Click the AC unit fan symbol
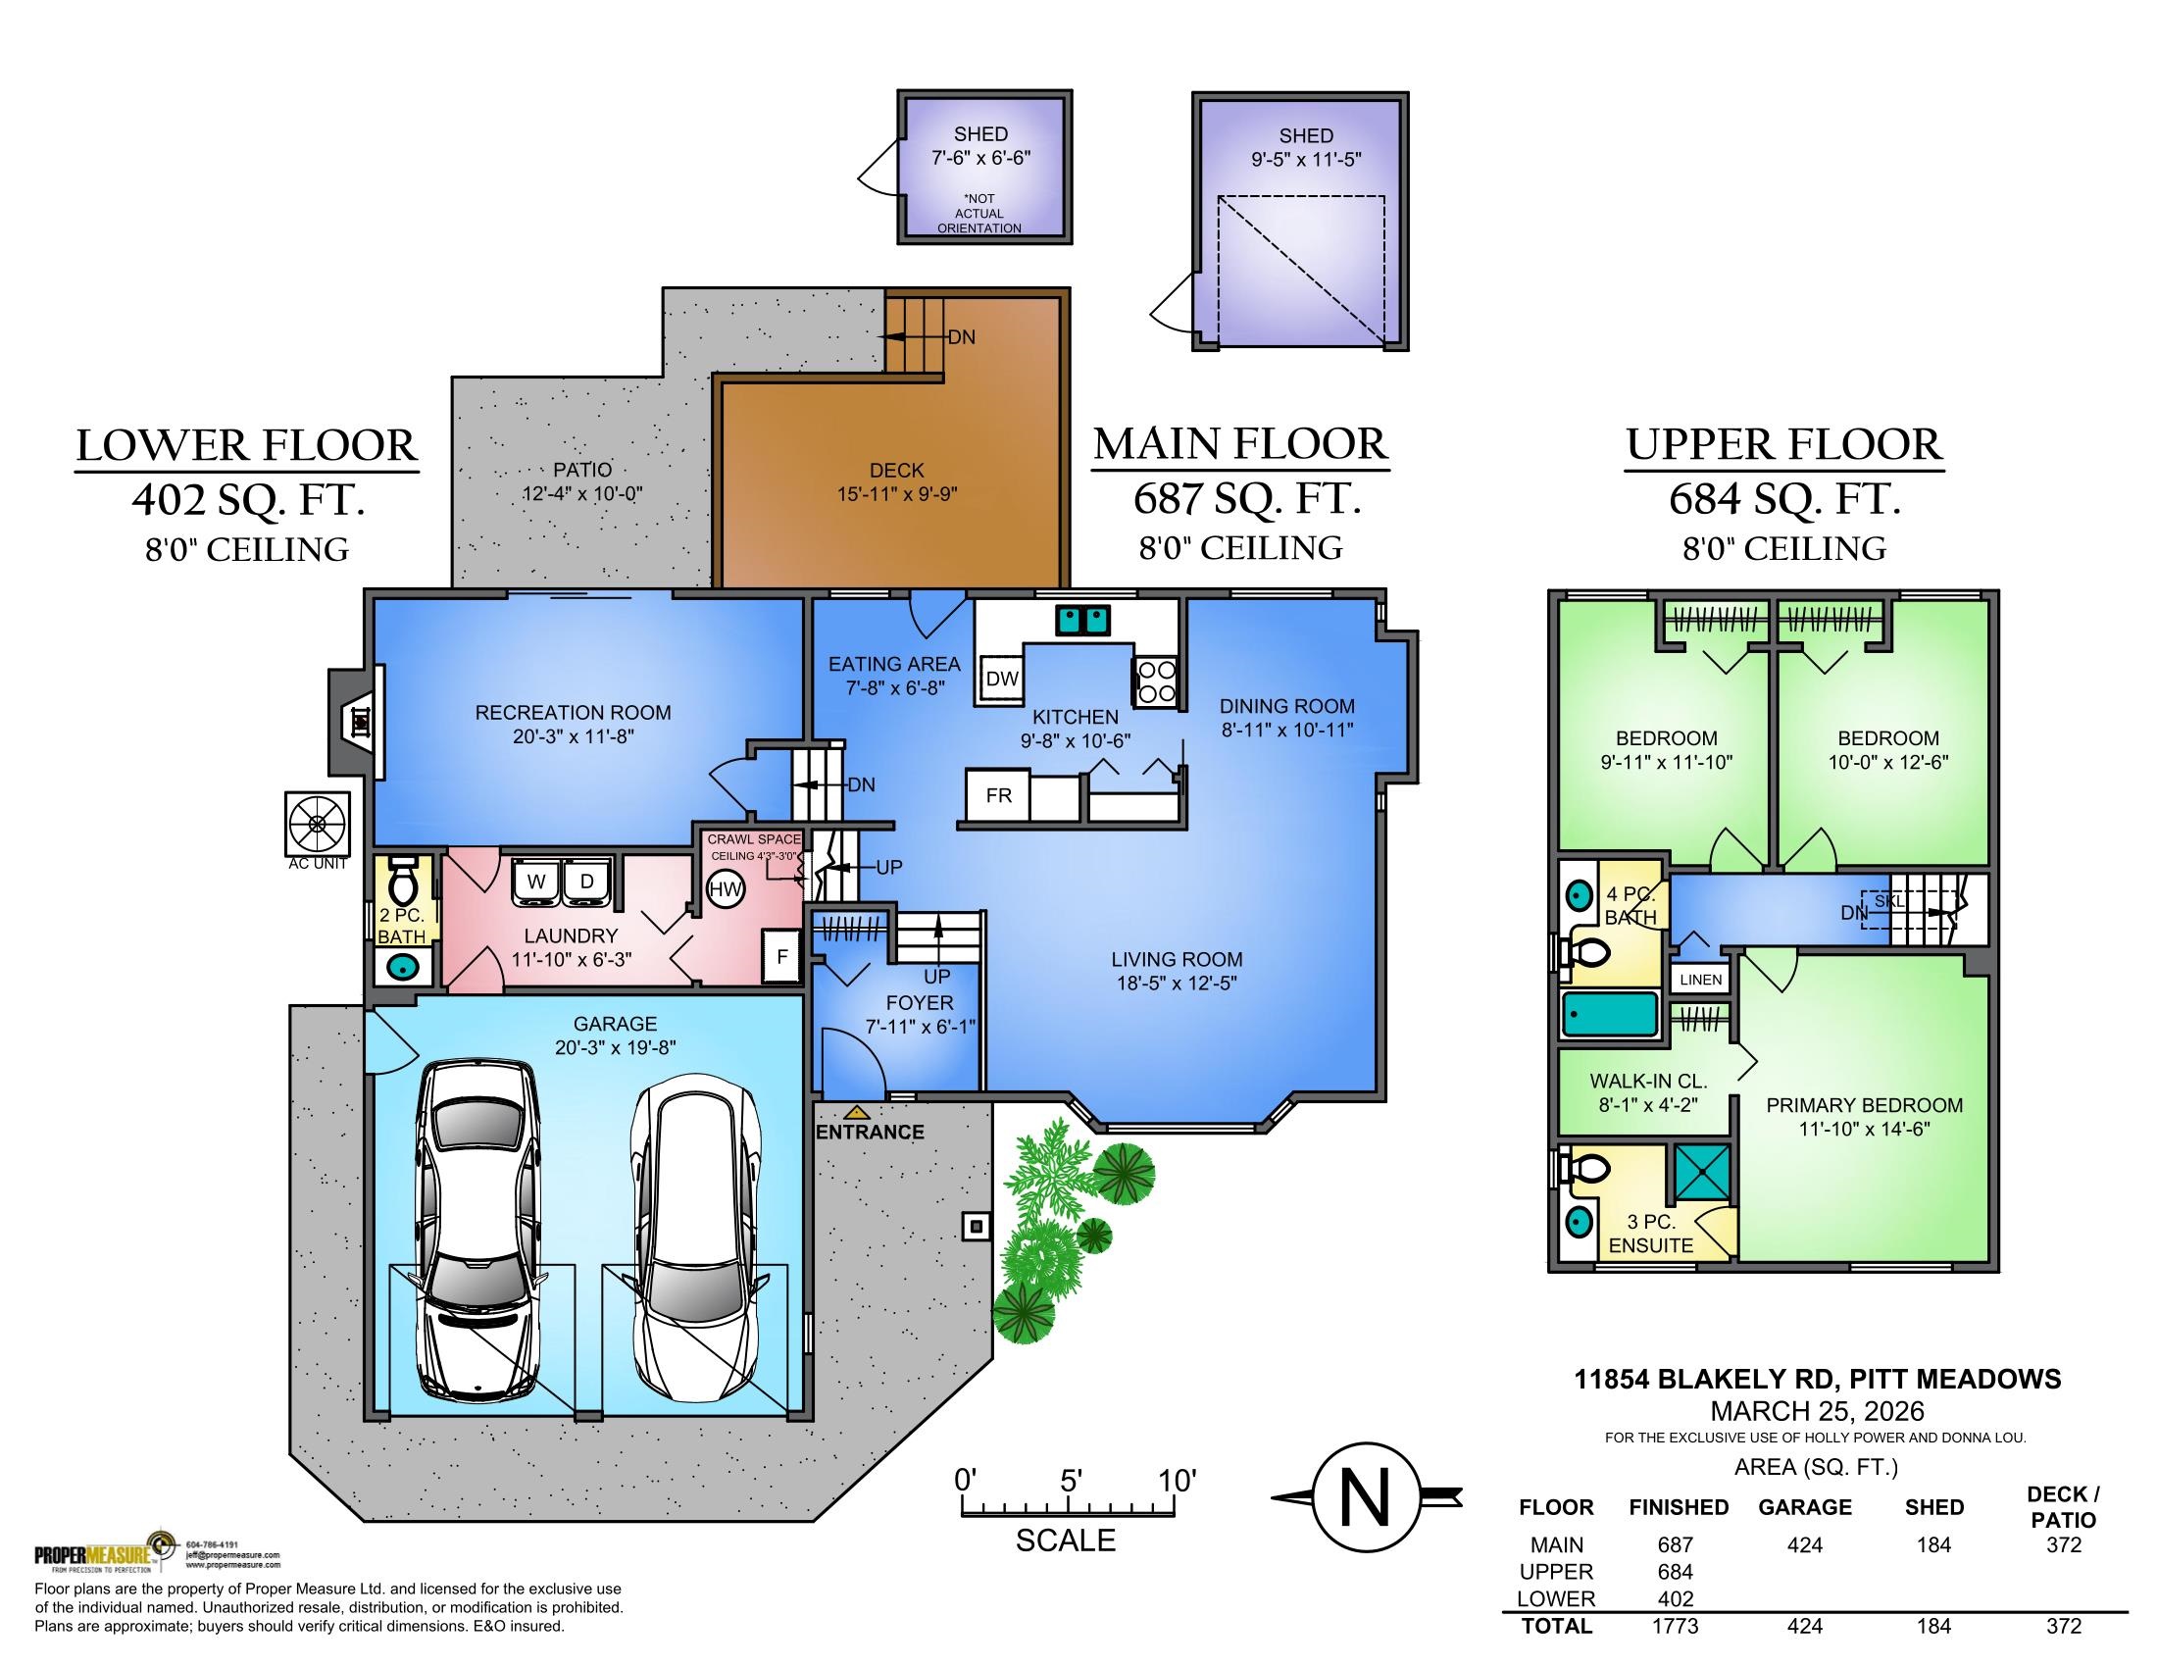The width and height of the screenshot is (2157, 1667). (x=317, y=823)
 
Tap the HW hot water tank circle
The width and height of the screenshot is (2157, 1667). (x=726, y=889)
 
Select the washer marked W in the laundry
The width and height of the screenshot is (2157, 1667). (x=536, y=881)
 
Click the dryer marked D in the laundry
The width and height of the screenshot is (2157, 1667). (x=586, y=881)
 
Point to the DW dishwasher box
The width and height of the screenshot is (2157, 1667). (x=1002, y=680)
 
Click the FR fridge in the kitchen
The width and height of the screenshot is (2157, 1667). (x=998, y=795)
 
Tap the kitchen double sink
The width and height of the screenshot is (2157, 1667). (x=1083, y=620)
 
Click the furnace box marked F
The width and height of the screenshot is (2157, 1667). (x=782, y=956)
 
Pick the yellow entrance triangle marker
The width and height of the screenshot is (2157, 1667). (x=856, y=1113)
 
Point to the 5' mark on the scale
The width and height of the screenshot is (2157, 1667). (x=1071, y=1481)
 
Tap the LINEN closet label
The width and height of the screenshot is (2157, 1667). (x=1701, y=980)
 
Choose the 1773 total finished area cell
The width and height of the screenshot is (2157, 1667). (x=1675, y=1627)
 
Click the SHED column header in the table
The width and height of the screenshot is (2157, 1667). (x=1933, y=1507)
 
